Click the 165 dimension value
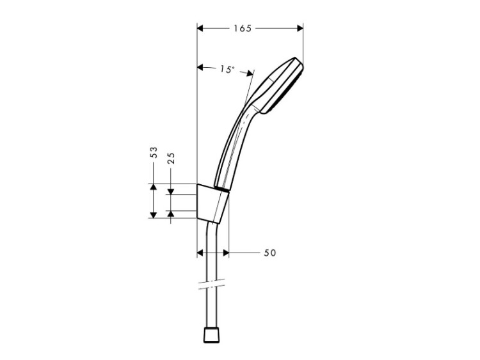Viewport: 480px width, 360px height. (x=243, y=28)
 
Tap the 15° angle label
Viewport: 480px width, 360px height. (x=227, y=70)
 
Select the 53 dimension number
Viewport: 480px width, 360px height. (x=154, y=152)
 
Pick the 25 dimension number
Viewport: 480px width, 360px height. (x=171, y=158)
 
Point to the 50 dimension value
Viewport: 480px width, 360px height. (x=270, y=253)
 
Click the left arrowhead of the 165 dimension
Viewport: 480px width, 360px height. (x=200, y=28)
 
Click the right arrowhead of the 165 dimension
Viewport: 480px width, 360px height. (x=300, y=28)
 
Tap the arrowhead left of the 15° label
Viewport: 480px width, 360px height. (x=200, y=67)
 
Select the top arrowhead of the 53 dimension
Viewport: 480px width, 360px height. (x=154, y=187)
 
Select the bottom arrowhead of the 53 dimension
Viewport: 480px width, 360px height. (x=154, y=215)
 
